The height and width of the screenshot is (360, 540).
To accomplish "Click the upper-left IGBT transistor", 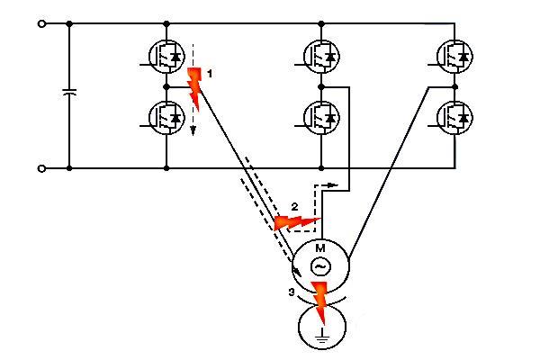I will click(167, 56).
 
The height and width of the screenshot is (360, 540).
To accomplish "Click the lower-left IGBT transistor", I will click(167, 116).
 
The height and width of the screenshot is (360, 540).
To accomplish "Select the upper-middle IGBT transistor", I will click(322, 56).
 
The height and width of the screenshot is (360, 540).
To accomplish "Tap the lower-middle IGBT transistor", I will click(322, 116).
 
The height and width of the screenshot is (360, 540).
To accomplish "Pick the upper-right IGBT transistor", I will click(455, 56).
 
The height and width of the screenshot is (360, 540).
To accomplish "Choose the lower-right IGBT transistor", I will click(455, 116).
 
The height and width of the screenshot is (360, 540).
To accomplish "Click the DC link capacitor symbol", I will click(69, 94).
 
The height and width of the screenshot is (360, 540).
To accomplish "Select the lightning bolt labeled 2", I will click(294, 220).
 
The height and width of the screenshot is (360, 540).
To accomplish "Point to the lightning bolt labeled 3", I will click(319, 301).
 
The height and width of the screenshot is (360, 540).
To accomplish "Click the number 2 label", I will click(293, 206).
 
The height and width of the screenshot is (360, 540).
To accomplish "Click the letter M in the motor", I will click(319, 248).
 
